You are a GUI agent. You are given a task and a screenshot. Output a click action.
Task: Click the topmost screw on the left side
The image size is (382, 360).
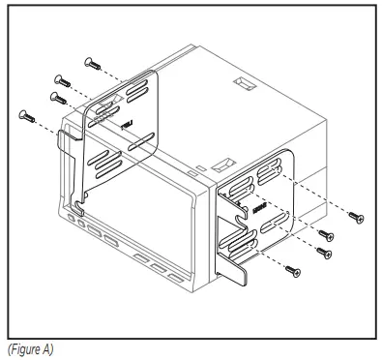pos(92,62)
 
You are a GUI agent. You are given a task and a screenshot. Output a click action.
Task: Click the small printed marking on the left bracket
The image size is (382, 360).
pos(125,123)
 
